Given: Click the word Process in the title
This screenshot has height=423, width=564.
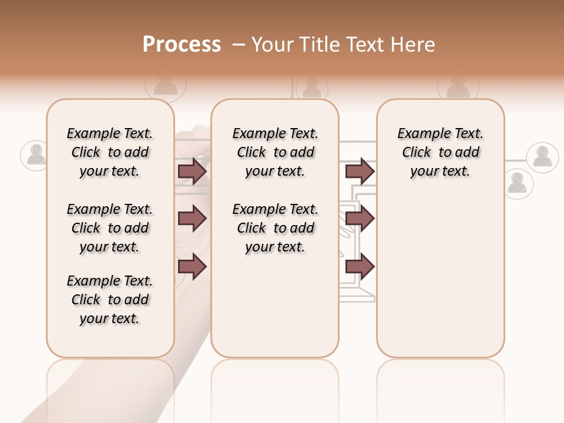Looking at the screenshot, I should [x=182, y=44].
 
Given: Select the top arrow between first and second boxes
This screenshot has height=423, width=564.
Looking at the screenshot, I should [x=192, y=171].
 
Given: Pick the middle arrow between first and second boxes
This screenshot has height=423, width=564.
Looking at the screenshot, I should [x=192, y=219].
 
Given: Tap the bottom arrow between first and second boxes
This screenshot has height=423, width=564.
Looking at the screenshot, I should [x=192, y=267].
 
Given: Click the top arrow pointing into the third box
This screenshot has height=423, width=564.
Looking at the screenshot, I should [x=360, y=171].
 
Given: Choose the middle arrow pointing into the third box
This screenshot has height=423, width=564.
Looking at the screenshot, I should [x=360, y=219].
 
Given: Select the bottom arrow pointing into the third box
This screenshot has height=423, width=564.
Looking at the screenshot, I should [x=360, y=267].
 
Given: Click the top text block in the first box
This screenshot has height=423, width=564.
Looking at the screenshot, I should [x=110, y=152].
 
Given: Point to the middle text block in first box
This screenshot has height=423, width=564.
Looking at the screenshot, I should [x=110, y=228].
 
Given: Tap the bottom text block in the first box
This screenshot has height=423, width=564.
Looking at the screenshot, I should [x=110, y=300].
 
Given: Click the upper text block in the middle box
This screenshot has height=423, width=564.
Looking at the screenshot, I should [x=275, y=152].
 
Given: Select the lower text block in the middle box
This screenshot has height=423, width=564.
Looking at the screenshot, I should [x=275, y=228].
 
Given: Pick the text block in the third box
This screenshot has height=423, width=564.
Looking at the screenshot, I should [x=441, y=152].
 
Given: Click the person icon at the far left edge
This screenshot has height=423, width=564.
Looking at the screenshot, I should [x=36, y=155].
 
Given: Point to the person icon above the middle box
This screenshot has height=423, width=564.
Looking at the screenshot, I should [x=311, y=88].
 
